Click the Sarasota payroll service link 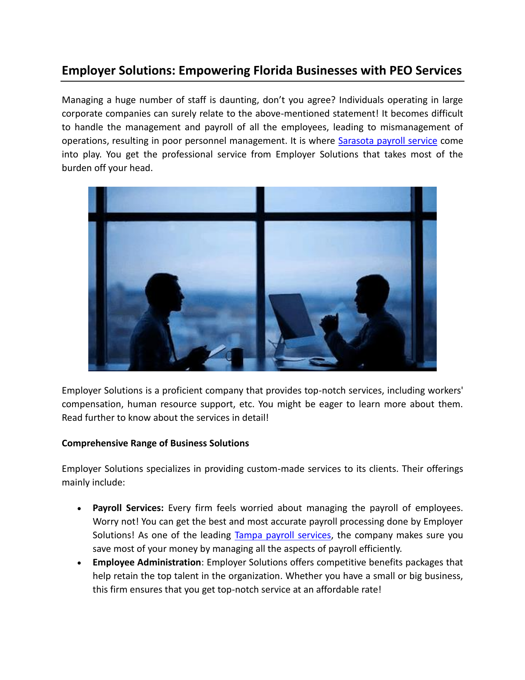point(387,141)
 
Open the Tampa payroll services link point(282,535)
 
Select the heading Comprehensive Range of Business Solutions point(155,443)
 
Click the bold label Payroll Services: point(128,508)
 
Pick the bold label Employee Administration point(147,563)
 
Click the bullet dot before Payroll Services point(79,509)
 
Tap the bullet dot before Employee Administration point(79,563)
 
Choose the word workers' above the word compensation point(446,391)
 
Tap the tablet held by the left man point(216,351)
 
